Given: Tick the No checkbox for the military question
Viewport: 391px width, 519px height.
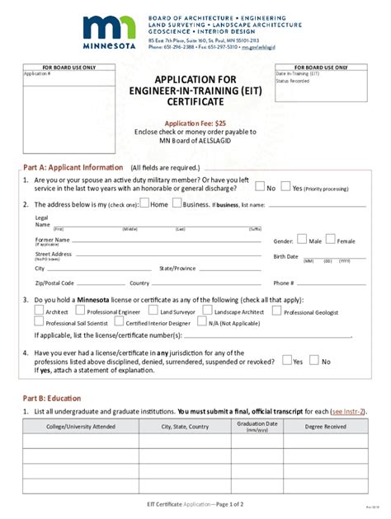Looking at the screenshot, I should [x=260, y=186].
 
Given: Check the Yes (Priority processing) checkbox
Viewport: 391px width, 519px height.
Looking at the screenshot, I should [x=285, y=186].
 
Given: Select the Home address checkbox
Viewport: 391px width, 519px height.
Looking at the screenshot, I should [x=145, y=203].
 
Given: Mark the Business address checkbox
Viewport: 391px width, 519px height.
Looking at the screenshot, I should [x=177, y=203].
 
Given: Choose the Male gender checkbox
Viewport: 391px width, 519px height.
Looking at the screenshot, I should [x=302, y=240].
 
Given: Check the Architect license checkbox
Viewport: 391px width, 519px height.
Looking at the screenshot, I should [x=39, y=311].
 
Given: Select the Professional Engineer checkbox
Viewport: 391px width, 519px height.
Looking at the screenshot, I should [x=81, y=311].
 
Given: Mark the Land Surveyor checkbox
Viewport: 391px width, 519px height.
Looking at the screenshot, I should [x=154, y=311].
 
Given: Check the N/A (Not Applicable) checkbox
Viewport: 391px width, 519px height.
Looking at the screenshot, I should [x=201, y=323].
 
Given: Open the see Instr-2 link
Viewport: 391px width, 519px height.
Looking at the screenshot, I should [x=347, y=410].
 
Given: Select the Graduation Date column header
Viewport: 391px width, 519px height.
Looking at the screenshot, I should [x=257, y=426].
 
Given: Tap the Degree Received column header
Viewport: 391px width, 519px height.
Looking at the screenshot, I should [x=325, y=427].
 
